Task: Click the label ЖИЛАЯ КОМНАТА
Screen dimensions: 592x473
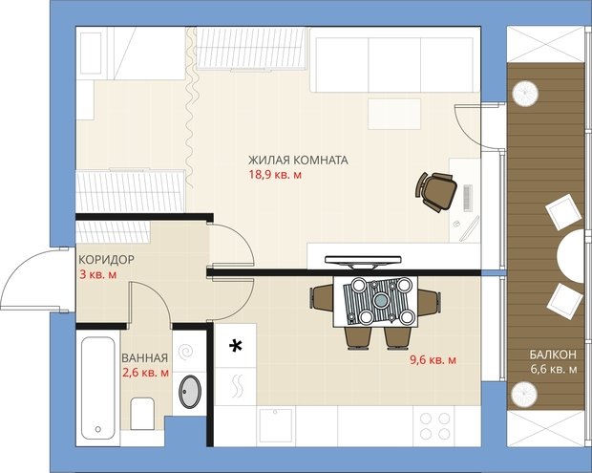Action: click(x=298, y=161)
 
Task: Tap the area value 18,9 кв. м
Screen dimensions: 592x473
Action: click(x=275, y=175)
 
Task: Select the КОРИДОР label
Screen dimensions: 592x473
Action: click(x=107, y=260)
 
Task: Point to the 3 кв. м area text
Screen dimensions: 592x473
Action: click(x=97, y=274)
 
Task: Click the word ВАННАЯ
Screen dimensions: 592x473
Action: click(x=144, y=357)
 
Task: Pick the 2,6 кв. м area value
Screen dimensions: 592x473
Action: click(x=145, y=373)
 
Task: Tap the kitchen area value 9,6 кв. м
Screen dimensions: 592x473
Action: click(x=433, y=360)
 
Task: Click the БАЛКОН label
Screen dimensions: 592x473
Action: click(x=553, y=355)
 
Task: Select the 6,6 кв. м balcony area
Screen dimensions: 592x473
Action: click(x=554, y=369)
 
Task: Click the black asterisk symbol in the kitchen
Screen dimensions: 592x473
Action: click(x=236, y=346)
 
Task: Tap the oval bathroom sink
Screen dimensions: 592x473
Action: click(x=190, y=392)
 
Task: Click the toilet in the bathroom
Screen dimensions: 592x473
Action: click(x=142, y=414)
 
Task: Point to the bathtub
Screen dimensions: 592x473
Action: click(x=97, y=388)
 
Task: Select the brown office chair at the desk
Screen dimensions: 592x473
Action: click(x=436, y=191)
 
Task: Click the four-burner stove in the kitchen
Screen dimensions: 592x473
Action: click(x=435, y=426)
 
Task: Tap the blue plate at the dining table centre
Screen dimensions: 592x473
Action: click(x=381, y=300)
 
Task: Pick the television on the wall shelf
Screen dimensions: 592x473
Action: click(x=363, y=262)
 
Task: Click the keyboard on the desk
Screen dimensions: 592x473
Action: click(x=468, y=197)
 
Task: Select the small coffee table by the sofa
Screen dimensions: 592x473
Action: click(x=394, y=114)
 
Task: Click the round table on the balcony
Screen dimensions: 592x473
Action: click(x=570, y=257)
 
